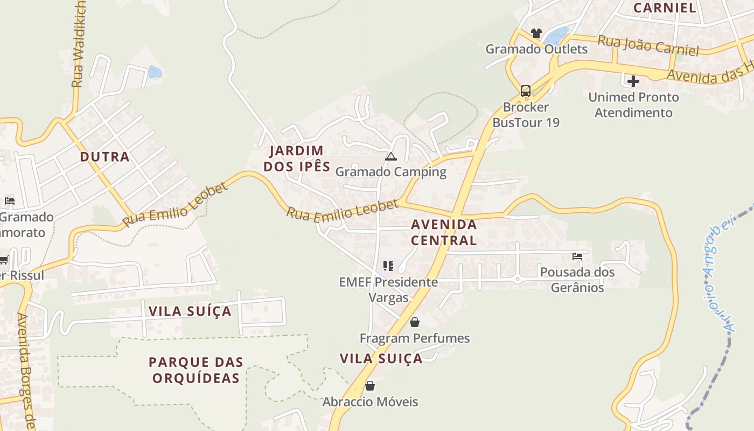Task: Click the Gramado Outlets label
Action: pyautogui.click(x=536, y=49)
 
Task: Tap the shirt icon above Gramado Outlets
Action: pyautogui.click(x=536, y=33)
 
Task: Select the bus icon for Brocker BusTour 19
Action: pyautogui.click(x=526, y=91)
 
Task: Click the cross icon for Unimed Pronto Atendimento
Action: pyautogui.click(x=633, y=81)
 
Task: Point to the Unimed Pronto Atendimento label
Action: pyautogui.click(x=633, y=105)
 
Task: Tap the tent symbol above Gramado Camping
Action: pyautogui.click(x=391, y=157)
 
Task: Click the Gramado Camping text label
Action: pyautogui.click(x=391, y=172)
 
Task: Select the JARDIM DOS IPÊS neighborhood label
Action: pyautogui.click(x=297, y=158)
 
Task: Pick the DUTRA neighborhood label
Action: pyautogui.click(x=105, y=157)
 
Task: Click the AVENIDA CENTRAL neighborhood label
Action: pyautogui.click(x=444, y=232)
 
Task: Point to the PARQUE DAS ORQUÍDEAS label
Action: pyautogui.click(x=196, y=370)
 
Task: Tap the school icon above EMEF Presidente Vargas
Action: pyautogui.click(x=388, y=266)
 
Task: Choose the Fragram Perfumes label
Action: pyautogui.click(x=415, y=338)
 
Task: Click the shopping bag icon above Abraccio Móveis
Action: pyautogui.click(x=370, y=386)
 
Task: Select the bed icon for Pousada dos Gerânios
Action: pyautogui.click(x=577, y=256)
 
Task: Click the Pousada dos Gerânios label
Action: pyautogui.click(x=577, y=280)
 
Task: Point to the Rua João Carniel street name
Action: pyautogui.click(x=648, y=46)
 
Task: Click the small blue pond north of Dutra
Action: pyautogui.click(x=155, y=72)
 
